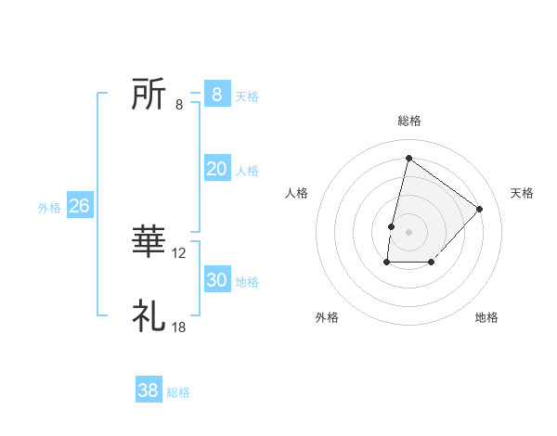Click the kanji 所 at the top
tap(149, 94)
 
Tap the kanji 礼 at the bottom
tap(149, 316)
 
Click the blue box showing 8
tap(216, 94)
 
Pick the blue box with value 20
tap(216, 169)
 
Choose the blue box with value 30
tap(216, 280)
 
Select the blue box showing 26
tap(79, 206)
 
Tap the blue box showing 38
tap(149, 391)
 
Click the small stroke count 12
tap(179, 252)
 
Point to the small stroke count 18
tap(179, 327)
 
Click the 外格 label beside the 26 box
tap(49, 208)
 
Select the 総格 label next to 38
tap(178, 392)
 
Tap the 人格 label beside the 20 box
tap(247, 171)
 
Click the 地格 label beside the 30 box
tap(247, 282)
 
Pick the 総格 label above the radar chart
tap(408, 121)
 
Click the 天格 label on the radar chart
tap(522, 193)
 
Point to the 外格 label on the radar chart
tap(327, 317)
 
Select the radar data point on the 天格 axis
tap(480, 209)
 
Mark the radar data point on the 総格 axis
tap(408, 158)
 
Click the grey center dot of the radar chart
tap(408, 232)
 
